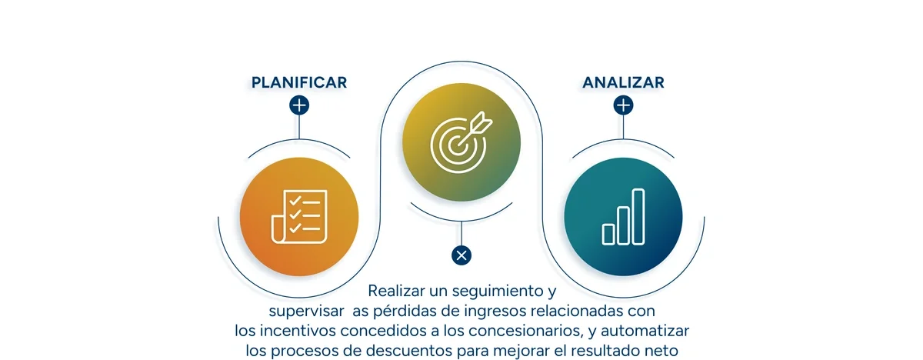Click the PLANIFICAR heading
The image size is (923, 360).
click(298, 82)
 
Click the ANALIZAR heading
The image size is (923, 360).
click(623, 82)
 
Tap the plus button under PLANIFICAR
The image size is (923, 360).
click(299, 105)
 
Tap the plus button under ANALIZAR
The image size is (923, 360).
click(624, 105)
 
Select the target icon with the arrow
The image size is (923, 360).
click(461, 142)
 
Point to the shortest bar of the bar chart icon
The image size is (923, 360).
click(608, 233)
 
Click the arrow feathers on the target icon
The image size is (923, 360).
click(482, 119)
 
